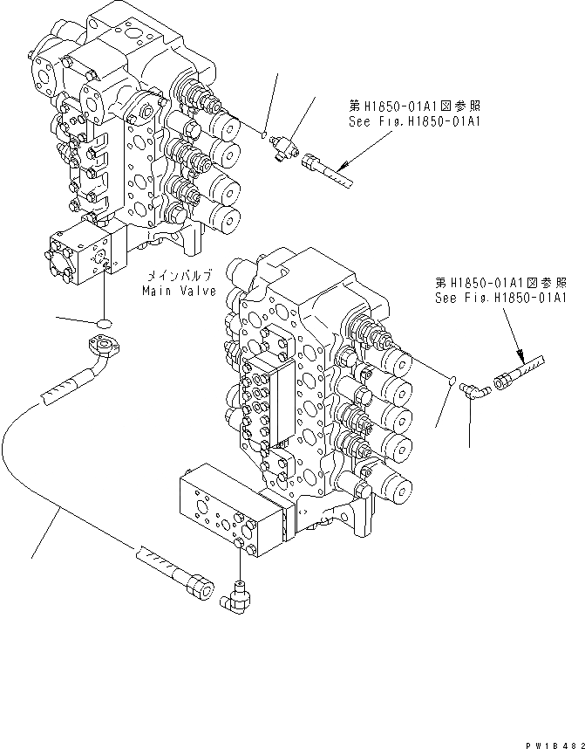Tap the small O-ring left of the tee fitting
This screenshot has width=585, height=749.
(x=263, y=134)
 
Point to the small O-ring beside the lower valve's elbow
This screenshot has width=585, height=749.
(x=451, y=381)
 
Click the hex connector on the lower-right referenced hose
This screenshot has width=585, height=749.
(x=505, y=381)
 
